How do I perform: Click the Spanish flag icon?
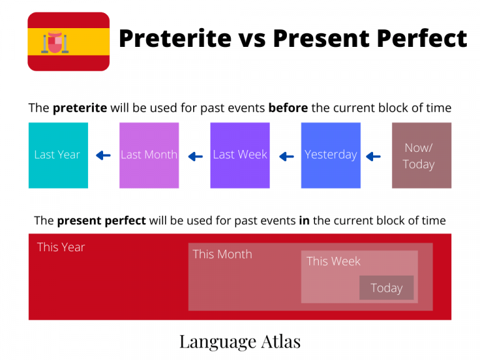pos(68,41)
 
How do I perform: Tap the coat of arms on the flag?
pos(56,42)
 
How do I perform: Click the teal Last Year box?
pos(58,155)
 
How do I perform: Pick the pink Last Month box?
pos(149,155)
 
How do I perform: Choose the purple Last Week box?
pos(240,155)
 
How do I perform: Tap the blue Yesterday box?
pos(331,155)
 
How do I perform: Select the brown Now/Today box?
pos(421,155)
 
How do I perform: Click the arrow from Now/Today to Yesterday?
pos(373,156)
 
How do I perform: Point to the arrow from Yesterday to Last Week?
pos(286,156)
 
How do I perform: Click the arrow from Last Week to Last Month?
pos(196,156)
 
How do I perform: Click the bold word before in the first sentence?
pos(287,107)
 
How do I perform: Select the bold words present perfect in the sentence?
pos(101,220)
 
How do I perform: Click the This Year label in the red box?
pos(61,247)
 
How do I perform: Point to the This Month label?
pos(222,254)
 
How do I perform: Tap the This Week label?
pos(333,261)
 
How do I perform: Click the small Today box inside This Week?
pos(386,287)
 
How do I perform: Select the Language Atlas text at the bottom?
pos(240,341)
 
